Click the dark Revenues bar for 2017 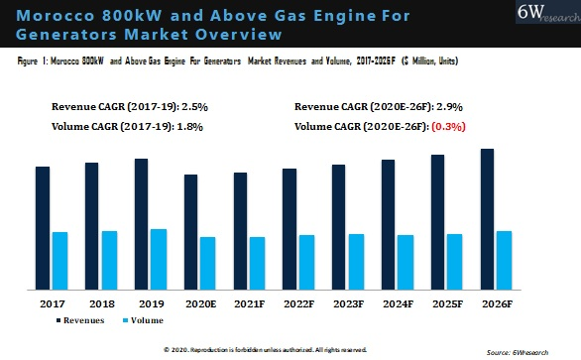coord(43,228)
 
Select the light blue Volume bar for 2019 coord(159,259)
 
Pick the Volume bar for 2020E coord(207,263)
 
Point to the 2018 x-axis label coord(101,302)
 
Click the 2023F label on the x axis coord(347,302)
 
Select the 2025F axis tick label coord(446,302)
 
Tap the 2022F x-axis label coord(297,302)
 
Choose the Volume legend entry coord(146,320)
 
